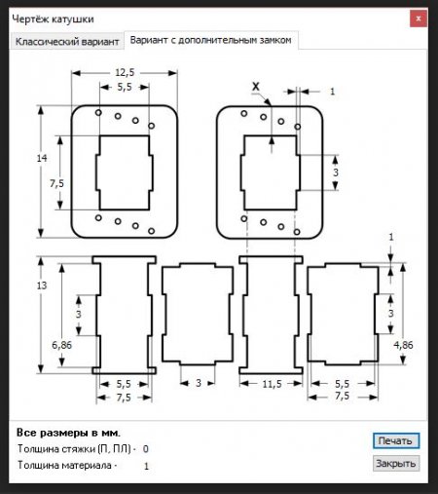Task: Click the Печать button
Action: click(396, 440)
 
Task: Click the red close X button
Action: click(419, 19)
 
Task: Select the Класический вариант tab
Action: click(67, 42)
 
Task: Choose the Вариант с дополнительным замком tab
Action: click(210, 40)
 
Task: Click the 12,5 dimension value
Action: click(125, 72)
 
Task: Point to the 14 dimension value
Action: click(42, 158)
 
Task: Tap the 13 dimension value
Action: click(42, 285)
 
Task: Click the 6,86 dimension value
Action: click(61, 345)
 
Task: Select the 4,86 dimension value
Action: click(403, 345)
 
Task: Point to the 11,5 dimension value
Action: click(272, 384)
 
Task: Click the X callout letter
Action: click(256, 87)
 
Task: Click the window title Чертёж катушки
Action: click(53, 19)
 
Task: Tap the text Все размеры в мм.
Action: click(68, 433)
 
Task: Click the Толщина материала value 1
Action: click(146, 466)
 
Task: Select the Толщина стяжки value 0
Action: click(146, 449)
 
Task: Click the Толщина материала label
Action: click(67, 465)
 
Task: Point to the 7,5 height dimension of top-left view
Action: click(56, 183)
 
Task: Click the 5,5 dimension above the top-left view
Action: click(125, 87)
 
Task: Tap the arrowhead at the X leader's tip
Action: click(269, 102)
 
